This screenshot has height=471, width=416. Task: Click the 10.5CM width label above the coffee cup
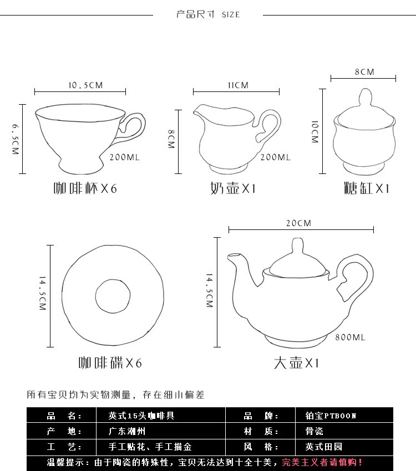click(x=85, y=85)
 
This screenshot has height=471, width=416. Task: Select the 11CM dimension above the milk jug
click(x=238, y=85)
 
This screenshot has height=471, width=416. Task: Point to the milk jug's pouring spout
click(x=199, y=114)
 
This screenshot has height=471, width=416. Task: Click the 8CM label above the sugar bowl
click(x=364, y=72)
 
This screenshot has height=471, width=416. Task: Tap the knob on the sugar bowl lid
click(x=364, y=98)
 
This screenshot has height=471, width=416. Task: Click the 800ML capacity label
click(x=350, y=337)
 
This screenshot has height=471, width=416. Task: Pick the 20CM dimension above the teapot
click(x=298, y=223)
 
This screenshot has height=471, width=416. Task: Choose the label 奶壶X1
click(x=233, y=188)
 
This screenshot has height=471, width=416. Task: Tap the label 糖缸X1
click(x=367, y=188)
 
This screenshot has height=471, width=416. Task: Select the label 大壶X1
click(x=297, y=363)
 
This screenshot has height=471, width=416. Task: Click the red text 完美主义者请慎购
click(x=322, y=462)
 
